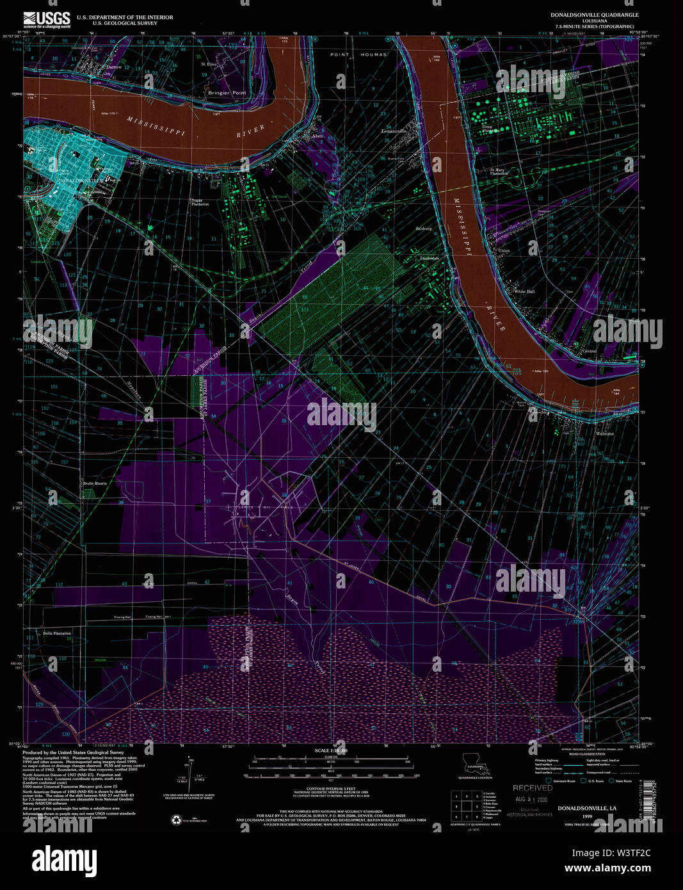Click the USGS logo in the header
coord(47,19)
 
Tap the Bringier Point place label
coord(227,93)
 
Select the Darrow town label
coord(113,67)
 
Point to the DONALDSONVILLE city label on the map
coord(80,181)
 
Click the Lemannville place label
coord(394,131)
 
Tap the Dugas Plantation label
coord(200,202)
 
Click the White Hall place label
coord(524,291)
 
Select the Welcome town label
coord(604,433)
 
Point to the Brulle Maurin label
coord(94,483)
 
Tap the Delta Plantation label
coord(57,633)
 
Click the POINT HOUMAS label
coord(358,55)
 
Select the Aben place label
coord(317,136)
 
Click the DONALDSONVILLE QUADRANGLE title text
coord(594,15)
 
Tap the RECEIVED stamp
coord(532,788)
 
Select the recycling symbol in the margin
coord(175,820)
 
